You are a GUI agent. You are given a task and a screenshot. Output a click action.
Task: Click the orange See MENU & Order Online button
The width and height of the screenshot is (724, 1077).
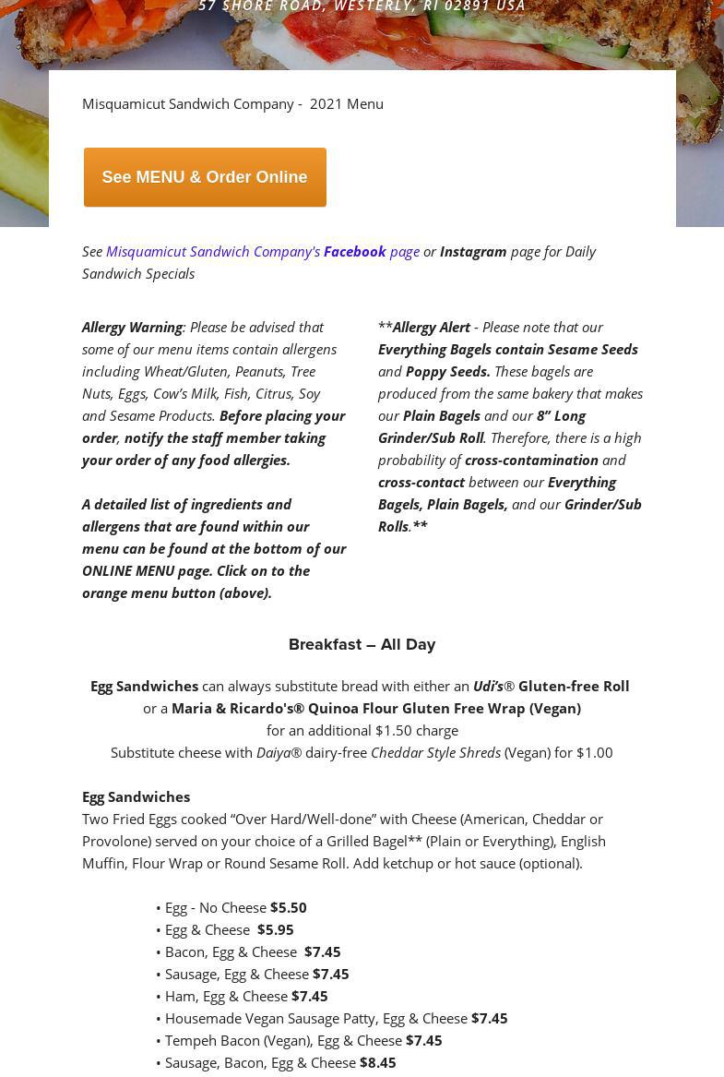pos(205,177)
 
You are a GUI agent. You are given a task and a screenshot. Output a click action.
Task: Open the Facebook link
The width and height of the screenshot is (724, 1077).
pos(354,251)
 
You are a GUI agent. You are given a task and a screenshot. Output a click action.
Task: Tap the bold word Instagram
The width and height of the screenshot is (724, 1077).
pos(473,251)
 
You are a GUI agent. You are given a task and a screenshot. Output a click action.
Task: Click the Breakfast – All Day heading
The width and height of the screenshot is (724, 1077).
pos(362,644)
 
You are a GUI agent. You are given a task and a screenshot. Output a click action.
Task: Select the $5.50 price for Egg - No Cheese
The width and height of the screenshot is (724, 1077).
pos(288,907)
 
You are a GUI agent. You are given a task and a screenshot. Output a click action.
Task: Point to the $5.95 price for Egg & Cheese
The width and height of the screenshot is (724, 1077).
pos(275,929)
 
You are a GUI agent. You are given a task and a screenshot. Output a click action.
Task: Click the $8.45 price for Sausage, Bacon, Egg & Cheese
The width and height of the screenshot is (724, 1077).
pos(377,1062)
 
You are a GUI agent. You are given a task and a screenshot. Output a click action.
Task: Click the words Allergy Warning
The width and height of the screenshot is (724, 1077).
pos(132,327)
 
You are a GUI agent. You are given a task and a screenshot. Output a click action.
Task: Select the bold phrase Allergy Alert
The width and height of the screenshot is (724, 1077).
pos(431,327)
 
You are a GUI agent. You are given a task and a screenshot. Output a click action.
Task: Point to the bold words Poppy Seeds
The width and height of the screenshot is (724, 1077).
pos(447,371)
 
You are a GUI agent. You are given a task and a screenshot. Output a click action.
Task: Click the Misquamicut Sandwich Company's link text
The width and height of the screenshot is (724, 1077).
pos(213,251)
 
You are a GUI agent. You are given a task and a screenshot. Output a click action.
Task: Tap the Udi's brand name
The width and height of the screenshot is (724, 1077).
pos(488,686)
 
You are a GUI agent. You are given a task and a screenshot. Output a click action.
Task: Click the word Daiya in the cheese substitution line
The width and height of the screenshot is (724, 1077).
pos(273,752)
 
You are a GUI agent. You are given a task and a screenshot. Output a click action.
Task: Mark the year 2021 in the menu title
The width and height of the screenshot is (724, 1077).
pos(326,103)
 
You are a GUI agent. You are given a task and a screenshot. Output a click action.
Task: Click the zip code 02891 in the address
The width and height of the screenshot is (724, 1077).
pos(468,6)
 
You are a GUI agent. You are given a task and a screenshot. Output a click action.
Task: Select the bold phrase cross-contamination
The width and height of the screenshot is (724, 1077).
pos(531,460)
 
